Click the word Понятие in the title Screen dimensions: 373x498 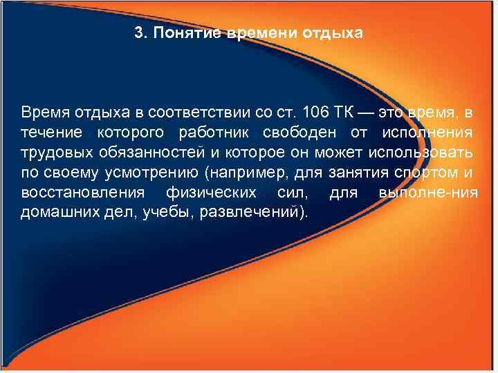click(187, 32)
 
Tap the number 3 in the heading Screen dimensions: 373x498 click(138, 32)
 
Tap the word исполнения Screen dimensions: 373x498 click(435, 132)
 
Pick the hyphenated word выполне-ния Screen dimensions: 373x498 click(428, 191)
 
